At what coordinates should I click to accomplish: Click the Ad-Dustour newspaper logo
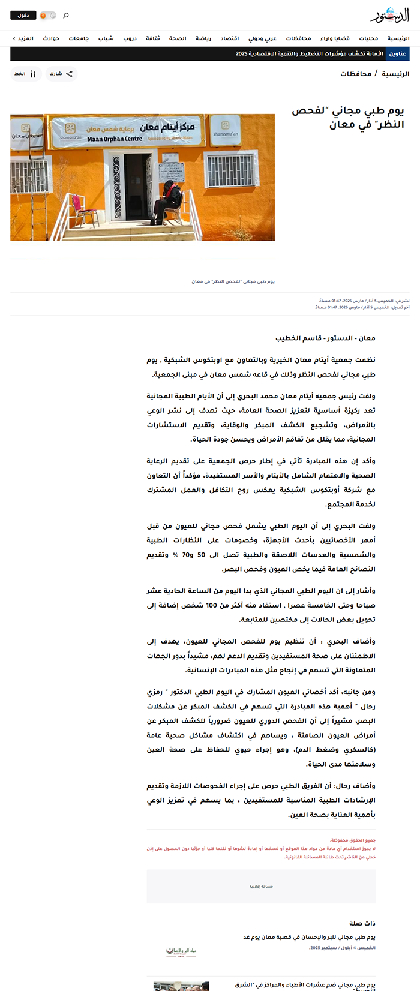coord(389,15)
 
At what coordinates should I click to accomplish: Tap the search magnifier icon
coord(66,15)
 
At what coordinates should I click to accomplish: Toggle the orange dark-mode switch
coord(47,15)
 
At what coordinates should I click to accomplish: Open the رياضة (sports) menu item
coord(203,38)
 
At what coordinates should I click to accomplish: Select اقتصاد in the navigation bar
coord(230,38)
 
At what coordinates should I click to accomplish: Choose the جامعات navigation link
coord(79,38)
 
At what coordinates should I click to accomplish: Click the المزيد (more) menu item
coord(24,38)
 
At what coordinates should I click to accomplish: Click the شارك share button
coord(61,74)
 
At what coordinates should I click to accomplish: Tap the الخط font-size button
coord(26,74)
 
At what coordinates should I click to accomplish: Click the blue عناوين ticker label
coord(398,54)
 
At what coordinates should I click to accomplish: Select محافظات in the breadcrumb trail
coord(356,74)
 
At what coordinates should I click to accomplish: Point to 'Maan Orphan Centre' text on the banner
coord(115,139)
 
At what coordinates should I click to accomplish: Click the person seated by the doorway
coord(169,202)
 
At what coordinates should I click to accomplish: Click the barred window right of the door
coord(230,170)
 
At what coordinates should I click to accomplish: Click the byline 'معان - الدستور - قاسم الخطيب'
coord(325,338)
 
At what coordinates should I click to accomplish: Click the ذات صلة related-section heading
coord(362,923)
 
